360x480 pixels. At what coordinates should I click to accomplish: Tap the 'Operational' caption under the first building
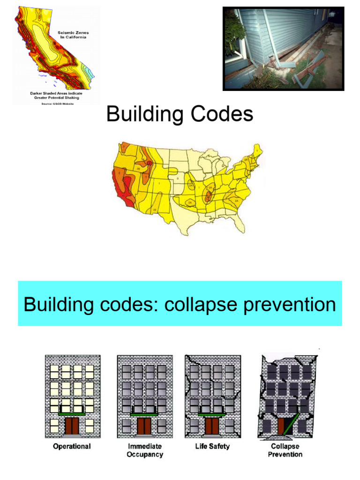point(72,446)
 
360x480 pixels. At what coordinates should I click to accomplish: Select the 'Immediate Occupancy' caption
point(144,450)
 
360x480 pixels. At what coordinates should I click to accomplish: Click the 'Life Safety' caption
point(212,446)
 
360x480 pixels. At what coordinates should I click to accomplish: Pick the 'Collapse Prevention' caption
point(285,450)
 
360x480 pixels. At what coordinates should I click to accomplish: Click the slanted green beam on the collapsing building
point(294,420)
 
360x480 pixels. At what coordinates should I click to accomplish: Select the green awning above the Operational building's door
point(72,414)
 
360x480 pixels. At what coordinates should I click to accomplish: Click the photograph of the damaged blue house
point(283,48)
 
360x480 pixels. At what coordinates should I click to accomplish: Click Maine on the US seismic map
point(256,153)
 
